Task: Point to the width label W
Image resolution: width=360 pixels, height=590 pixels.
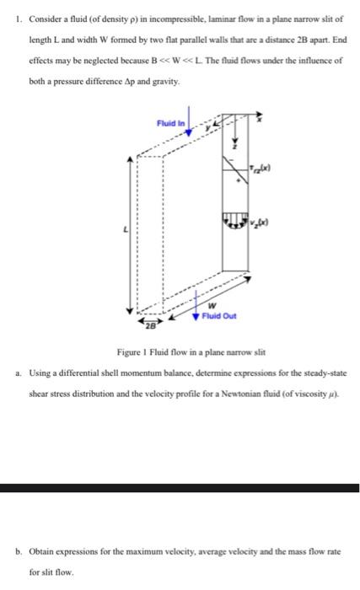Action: (x=212, y=306)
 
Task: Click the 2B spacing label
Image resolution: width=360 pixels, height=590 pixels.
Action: (x=149, y=324)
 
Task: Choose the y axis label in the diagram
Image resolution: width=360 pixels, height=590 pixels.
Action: (x=207, y=127)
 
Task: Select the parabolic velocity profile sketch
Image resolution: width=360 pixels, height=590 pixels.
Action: (x=235, y=220)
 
